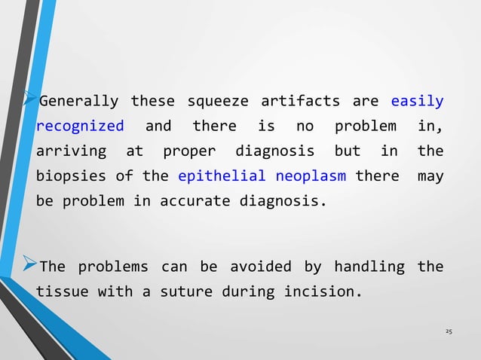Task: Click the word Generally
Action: click(78, 101)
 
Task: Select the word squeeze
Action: click(218, 101)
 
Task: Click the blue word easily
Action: click(417, 101)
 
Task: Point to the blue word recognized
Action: click(80, 126)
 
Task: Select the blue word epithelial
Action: click(222, 176)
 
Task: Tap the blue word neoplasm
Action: click(312, 176)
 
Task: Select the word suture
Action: click(185, 291)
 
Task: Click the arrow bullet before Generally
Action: click(31, 99)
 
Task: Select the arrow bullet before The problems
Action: click(31, 266)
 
